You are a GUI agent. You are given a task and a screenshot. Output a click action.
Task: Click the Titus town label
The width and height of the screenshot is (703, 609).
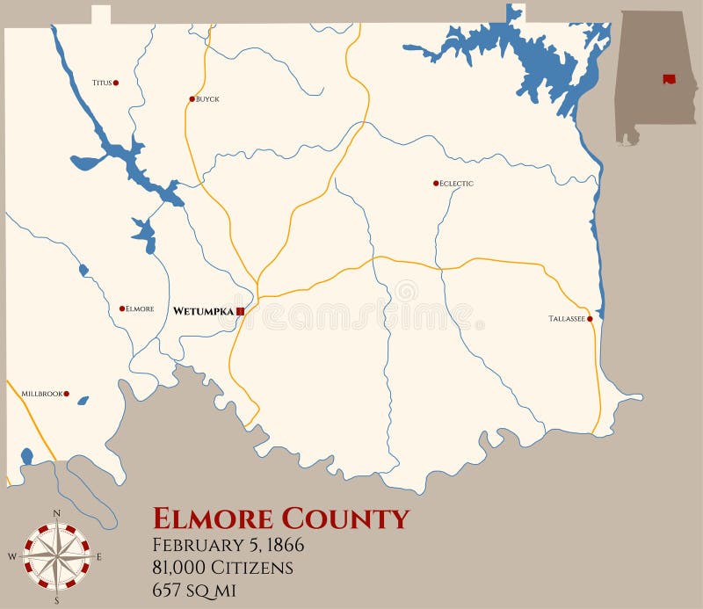coord(101,83)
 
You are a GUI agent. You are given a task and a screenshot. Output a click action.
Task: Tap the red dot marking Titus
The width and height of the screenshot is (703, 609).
coord(116,83)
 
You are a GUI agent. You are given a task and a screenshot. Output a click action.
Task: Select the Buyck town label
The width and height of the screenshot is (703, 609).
coord(208,99)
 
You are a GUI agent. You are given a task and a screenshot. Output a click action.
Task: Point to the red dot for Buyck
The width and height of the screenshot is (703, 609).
coord(192,98)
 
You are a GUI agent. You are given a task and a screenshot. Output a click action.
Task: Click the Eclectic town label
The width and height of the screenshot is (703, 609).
coord(457,184)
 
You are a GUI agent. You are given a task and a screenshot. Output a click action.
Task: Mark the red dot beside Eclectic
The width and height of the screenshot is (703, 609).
coord(436,183)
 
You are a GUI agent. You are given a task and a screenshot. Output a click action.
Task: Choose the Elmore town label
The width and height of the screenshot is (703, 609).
coord(141,308)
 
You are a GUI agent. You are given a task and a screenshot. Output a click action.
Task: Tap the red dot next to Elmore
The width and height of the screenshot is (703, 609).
coord(122,308)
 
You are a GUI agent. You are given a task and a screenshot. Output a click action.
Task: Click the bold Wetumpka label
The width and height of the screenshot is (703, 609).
coord(203,311)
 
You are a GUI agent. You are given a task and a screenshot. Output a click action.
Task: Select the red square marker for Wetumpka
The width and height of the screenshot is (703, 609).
coord(240,311)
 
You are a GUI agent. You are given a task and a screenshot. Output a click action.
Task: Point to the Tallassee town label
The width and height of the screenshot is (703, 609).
coord(567,319)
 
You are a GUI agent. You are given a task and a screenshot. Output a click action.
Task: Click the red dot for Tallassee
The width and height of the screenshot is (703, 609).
coord(590,319)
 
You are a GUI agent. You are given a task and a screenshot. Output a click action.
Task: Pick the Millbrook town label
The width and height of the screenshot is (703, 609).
coord(41,394)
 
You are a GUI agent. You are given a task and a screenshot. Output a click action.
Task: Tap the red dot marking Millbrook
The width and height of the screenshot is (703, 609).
coord(66,394)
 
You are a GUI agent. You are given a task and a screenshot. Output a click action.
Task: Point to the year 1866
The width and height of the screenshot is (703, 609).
coord(281,545)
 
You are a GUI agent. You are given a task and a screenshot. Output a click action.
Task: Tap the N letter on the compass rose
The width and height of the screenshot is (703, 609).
coord(57,512)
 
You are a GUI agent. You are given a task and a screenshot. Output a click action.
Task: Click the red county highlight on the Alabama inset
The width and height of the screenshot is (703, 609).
coord(670,79)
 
